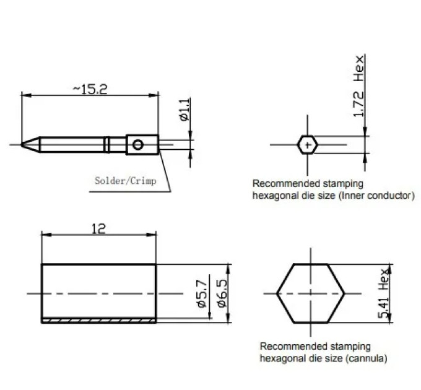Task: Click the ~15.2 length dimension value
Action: (90, 89)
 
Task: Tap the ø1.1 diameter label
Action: (184, 109)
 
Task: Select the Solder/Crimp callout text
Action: (125, 181)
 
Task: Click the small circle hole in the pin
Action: (137, 145)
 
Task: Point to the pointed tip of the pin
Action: (22, 145)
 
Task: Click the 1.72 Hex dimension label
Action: (358, 86)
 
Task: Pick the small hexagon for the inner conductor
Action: (308, 145)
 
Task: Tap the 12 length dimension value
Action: (98, 228)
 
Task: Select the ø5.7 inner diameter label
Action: (202, 293)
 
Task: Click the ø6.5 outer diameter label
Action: (222, 293)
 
